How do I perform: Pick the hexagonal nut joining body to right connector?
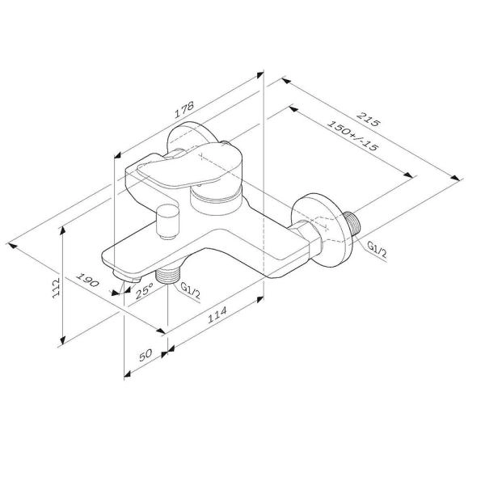pos(306,238)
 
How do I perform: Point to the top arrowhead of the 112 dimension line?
pos(62,230)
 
